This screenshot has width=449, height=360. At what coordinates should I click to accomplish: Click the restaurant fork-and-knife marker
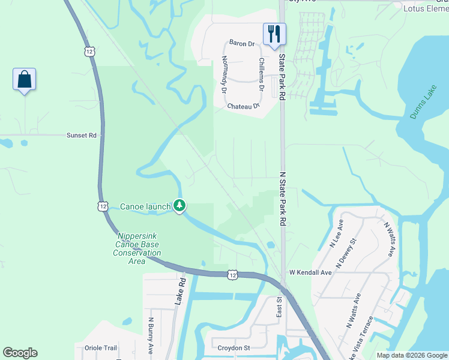pyautogui.click(x=275, y=34)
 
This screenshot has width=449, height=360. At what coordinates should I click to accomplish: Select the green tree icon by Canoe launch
pyautogui.click(x=179, y=206)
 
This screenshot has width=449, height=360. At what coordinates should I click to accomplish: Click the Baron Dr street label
pyautogui.click(x=243, y=43)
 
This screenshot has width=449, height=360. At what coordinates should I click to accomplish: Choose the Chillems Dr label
pyautogui.click(x=262, y=74)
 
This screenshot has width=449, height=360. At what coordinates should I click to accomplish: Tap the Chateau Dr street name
pyautogui.click(x=243, y=106)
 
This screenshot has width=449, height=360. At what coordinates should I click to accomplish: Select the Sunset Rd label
pyautogui.click(x=82, y=136)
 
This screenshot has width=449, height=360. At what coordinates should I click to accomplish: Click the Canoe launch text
pyautogui.click(x=146, y=206)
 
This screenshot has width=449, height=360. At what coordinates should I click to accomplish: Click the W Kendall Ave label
pyautogui.click(x=310, y=272)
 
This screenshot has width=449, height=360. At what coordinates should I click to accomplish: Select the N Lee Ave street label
pyautogui.click(x=336, y=234)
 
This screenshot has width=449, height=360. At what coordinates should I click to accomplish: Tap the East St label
pyautogui.click(x=279, y=308)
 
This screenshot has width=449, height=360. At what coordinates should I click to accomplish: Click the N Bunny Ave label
pyautogui.click(x=151, y=335)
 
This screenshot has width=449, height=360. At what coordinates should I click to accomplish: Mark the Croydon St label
pyautogui.click(x=234, y=347)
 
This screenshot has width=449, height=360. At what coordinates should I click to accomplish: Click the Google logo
pyautogui.click(x=20, y=353)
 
